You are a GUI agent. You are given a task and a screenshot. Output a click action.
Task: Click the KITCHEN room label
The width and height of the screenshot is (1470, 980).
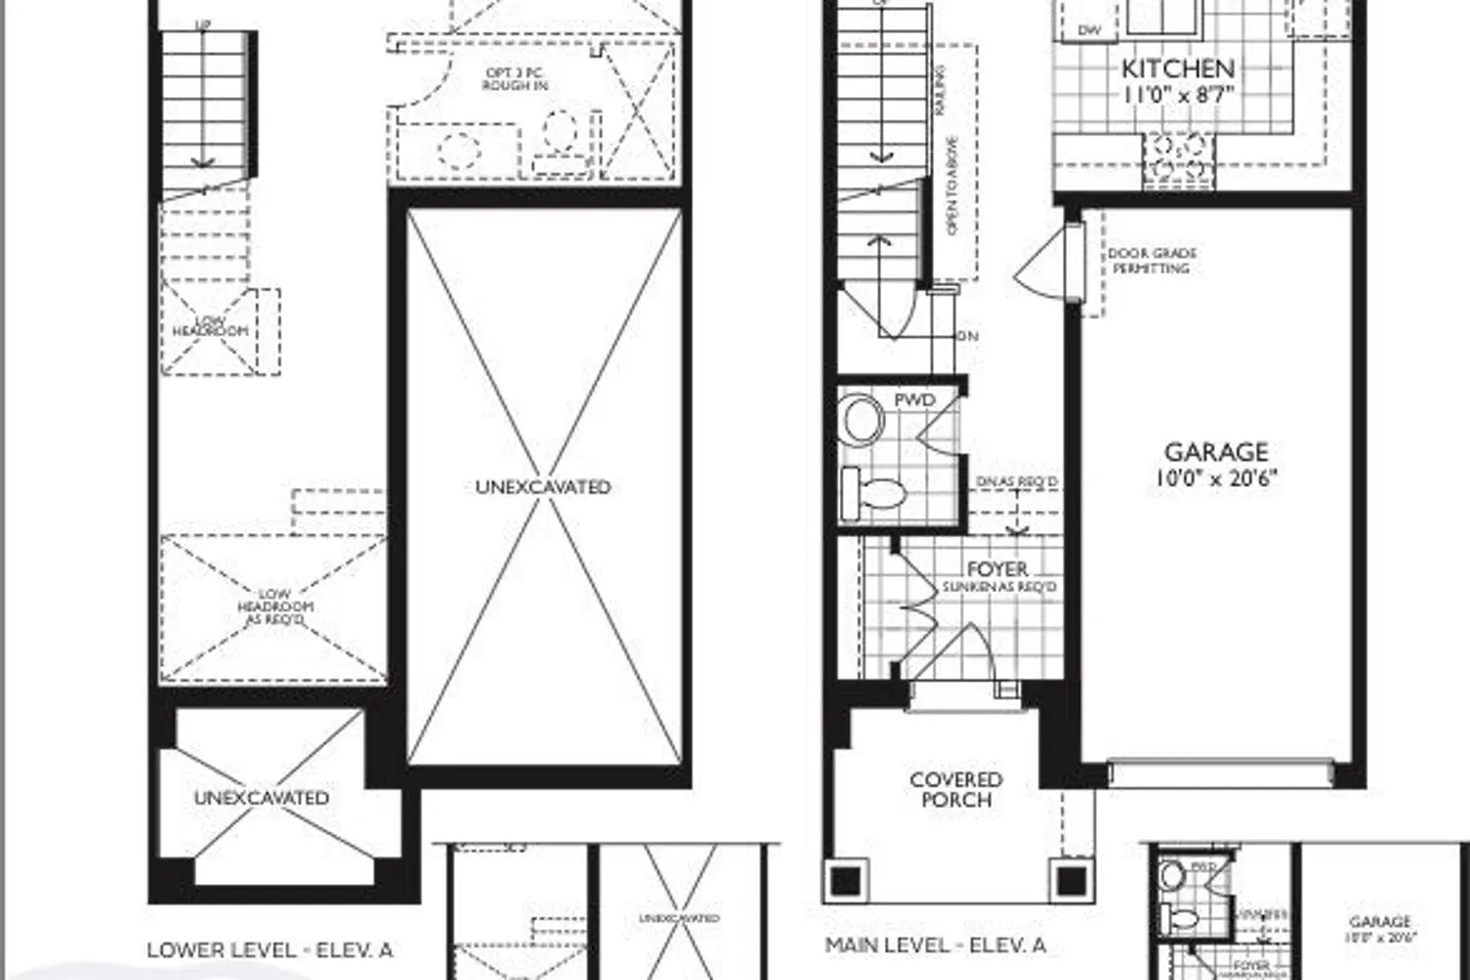click(1177, 69)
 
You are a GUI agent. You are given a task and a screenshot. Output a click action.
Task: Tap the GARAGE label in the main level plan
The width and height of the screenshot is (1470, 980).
click(1216, 452)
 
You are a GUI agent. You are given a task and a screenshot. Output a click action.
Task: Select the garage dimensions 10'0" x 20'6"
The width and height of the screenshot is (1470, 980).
click(1216, 478)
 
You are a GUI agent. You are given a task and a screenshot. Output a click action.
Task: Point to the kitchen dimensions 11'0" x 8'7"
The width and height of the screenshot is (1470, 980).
click(1177, 95)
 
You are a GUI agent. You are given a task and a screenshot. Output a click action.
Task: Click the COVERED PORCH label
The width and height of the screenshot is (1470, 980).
click(955, 790)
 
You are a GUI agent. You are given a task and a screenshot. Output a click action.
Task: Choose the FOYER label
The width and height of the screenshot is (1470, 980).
click(998, 568)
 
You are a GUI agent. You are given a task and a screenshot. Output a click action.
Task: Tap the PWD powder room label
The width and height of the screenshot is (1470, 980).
click(914, 401)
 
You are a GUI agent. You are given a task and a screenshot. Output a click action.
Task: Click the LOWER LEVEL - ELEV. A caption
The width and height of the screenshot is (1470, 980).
click(269, 950)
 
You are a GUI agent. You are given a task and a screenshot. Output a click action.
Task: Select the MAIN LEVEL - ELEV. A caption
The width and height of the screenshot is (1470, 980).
click(935, 946)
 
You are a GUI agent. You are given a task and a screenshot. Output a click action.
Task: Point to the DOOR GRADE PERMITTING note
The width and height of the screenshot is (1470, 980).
click(1151, 261)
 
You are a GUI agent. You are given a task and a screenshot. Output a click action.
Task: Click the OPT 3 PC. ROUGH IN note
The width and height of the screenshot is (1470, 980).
click(514, 79)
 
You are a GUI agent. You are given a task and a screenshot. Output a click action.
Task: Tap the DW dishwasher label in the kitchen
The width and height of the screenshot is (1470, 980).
click(1090, 30)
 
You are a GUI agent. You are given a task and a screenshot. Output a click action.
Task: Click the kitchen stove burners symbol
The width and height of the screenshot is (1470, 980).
click(1178, 157)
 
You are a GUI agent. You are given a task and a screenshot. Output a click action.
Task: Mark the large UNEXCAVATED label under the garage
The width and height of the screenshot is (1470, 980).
click(543, 487)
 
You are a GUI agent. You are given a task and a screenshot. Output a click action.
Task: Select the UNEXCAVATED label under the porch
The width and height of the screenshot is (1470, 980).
click(261, 798)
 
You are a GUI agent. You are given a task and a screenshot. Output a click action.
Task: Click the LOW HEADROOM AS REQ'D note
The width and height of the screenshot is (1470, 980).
click(275, 607)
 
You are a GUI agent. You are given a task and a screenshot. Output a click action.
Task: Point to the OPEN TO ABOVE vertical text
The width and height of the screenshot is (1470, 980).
click(952, 186)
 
